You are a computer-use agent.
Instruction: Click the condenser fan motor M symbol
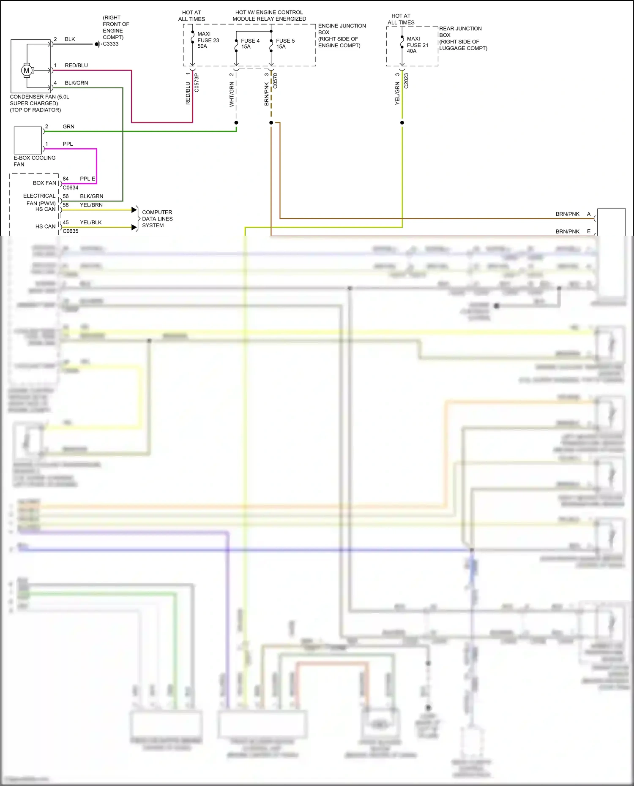click(27, 71)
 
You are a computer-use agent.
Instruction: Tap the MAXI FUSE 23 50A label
click(208, 40)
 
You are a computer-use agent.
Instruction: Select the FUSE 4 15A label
click(250, 44)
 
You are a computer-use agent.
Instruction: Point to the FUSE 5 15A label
click(285, 44)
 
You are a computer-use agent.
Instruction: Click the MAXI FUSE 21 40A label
click(417, 45)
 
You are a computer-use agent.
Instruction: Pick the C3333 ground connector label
click(111, 44)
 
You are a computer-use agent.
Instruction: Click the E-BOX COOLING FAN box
click(28, 140)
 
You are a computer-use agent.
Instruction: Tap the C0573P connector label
click(197, 83)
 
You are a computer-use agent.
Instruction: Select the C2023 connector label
click(406, 81)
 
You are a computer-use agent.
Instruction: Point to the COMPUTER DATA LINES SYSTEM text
click(157, 219)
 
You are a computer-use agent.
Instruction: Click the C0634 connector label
click(71, 188)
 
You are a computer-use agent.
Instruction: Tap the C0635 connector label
click(71, 231)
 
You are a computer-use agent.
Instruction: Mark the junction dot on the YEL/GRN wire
click(402, 122)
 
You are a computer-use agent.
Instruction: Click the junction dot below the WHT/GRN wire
click(236, 122)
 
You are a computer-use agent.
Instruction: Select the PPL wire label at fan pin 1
click(68, 144)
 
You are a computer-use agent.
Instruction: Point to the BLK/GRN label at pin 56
click(91, 196)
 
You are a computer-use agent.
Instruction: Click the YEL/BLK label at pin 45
click(90, 223)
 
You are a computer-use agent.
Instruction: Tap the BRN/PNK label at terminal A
click(567, 214)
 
